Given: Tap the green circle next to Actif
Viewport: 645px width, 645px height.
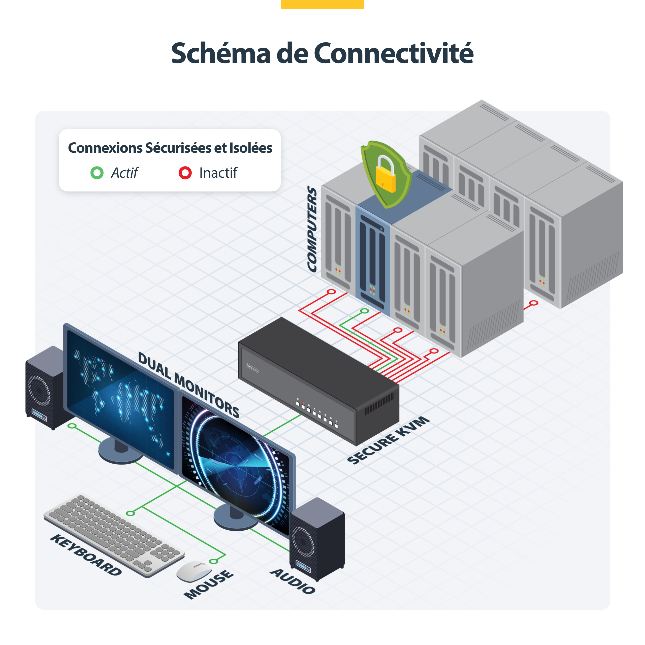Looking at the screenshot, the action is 97,173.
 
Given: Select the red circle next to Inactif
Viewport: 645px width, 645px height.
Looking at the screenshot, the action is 185,173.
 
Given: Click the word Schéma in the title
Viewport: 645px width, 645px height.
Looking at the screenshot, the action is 221,53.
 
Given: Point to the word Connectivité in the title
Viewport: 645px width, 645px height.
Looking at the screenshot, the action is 394,53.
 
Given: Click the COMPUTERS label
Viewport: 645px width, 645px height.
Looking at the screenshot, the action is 312,229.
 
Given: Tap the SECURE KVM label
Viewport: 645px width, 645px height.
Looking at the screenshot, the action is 388,440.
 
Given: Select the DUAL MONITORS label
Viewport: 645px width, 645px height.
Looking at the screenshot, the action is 189,384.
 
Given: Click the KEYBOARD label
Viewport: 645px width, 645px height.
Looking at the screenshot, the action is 86,555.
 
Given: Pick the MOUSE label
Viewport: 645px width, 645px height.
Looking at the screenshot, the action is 209,584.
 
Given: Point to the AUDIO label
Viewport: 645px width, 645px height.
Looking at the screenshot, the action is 293,581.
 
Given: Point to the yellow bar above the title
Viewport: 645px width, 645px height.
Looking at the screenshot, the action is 322,4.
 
